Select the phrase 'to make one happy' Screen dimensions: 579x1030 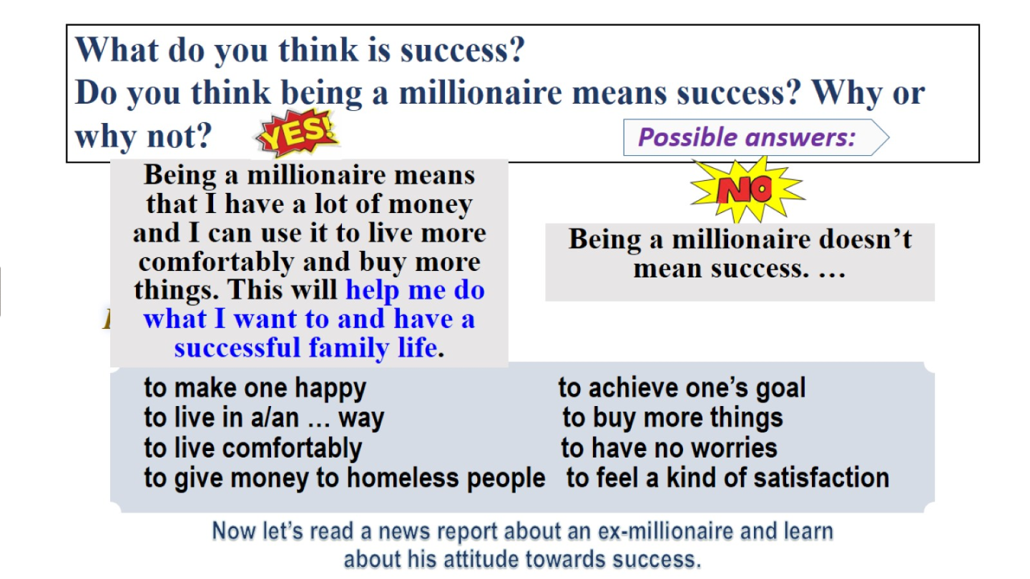tap(255, 388)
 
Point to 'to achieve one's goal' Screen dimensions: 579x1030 tap(682, 388)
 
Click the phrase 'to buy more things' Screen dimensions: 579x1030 tap(672, 417)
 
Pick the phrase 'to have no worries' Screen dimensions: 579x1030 tap(669, 448)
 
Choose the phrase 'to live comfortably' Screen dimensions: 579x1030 tap(253, 448)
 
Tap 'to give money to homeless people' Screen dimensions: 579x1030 tap(345, 478)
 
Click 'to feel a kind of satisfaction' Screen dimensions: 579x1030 tap(727, 478)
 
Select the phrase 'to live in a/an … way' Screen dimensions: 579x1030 tap(264, 417)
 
